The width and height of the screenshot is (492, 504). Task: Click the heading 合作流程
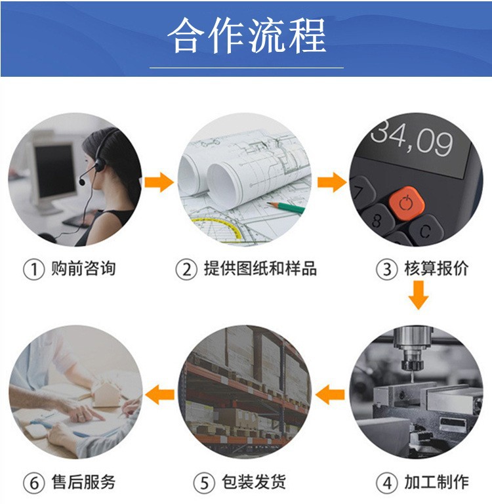coord(247,35)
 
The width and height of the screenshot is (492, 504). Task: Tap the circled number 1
coord(33,269)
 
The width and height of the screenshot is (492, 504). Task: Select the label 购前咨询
coord(83,268)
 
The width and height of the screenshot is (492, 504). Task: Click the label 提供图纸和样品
coord(260,268)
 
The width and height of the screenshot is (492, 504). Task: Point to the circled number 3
coord(386,269)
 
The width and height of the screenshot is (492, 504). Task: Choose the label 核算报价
coord(436,268)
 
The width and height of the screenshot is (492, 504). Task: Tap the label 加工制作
coord(436,482)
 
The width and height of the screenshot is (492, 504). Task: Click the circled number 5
coord(204,483)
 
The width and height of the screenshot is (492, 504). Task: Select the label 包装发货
coord(254,482)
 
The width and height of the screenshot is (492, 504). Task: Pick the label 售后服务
coord(83,482)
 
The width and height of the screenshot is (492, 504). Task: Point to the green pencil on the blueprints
coord(285,207)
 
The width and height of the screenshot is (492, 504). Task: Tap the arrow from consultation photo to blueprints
coord(159,182)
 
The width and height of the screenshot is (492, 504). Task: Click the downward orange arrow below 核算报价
coord(418,295)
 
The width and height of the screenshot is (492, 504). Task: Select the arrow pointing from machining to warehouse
coord(330,394)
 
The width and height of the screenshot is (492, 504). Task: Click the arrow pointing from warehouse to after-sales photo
coord(159,394)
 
